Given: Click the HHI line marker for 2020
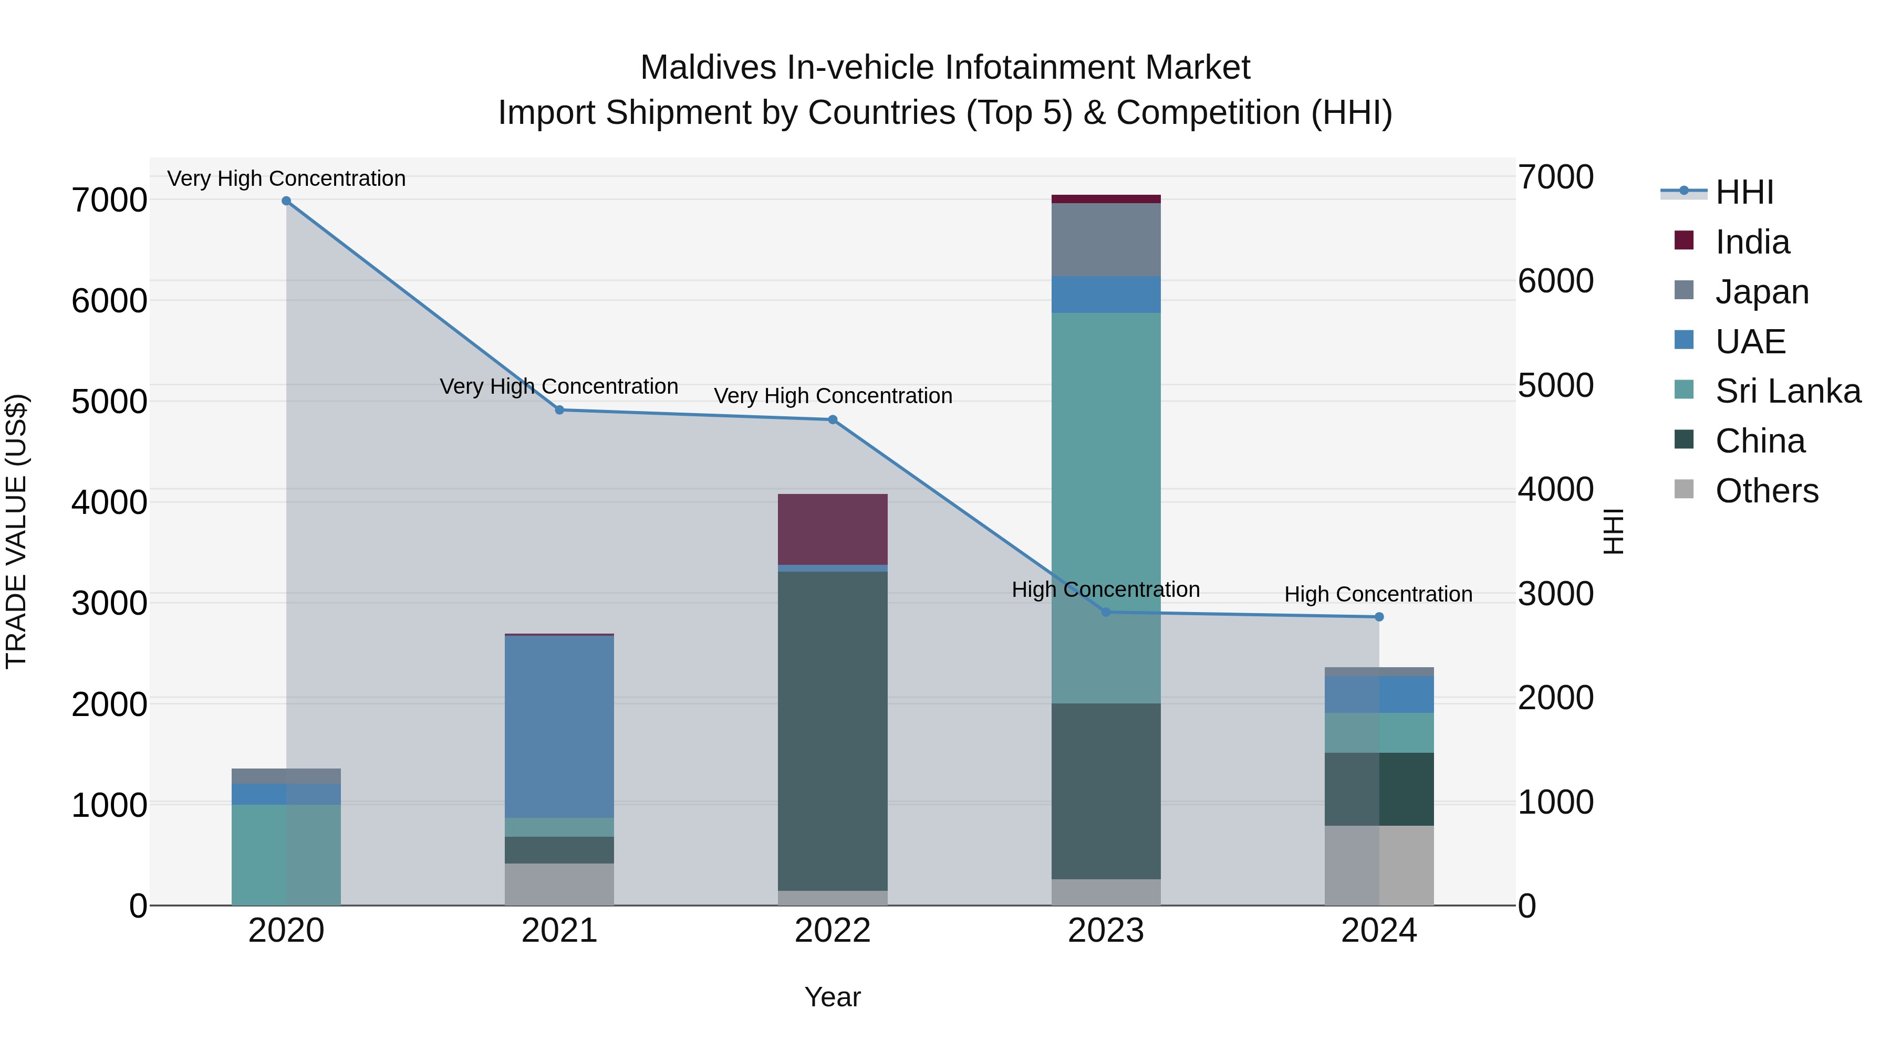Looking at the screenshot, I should coord(286,201).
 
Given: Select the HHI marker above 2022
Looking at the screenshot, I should coord(833,419).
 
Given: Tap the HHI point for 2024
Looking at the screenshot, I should coord(1379,617).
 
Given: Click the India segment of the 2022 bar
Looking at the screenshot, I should coord(833,529).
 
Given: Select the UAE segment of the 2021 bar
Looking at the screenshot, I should coord(559,727).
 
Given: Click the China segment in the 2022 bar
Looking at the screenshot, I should coord(833,731).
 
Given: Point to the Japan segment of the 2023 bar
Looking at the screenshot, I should coord(1106,239).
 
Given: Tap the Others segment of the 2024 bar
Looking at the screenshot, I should coord(1379,865).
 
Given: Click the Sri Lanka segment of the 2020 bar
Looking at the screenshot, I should coord(286,855).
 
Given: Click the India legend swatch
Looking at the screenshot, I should coord(1684,240).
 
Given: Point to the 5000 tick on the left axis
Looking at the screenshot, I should coord(109,401).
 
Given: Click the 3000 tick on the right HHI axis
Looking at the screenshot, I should coord(1555,594).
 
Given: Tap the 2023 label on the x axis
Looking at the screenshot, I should coord(1106,931).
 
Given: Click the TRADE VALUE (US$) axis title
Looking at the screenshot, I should coord(17,531).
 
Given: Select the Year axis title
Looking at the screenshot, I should coord(833,997).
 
